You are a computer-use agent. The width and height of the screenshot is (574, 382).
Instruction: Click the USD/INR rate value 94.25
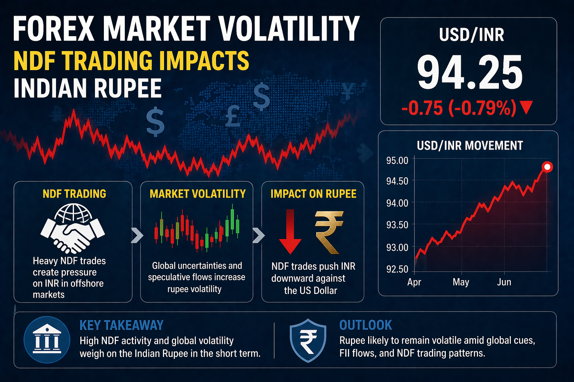[x=470, y=73]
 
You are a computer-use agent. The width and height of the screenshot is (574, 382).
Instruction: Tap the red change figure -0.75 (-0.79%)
[x=459, y=108]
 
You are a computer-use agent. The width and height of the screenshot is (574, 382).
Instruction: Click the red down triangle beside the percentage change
[x=526, y=108]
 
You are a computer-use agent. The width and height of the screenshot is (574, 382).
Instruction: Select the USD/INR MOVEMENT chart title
[x=470, y=145]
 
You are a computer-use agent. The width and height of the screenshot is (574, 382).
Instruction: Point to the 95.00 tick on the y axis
[x=397, y=161]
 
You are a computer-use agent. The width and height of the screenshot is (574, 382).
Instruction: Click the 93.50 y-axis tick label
[x=397, y=225]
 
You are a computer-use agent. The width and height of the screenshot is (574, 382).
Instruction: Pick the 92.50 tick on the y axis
[x=397, y=269]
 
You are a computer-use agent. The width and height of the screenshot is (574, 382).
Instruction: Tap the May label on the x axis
[x=461, y=282]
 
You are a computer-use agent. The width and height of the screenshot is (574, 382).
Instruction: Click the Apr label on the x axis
[x=414, y=282]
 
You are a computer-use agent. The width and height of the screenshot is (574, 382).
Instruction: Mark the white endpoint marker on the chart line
[x=547, y=167]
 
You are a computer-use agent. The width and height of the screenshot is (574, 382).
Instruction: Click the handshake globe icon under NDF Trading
[x=73, y=228]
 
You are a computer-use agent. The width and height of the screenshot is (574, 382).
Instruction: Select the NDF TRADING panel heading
[x=74, y=194]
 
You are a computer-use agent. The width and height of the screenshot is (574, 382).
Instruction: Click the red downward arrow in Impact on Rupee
[x=290, y=231]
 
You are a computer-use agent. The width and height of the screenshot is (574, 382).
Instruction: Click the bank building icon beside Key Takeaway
[x=47, y=340]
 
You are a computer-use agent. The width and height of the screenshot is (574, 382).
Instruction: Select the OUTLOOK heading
[x=365, y=325]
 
